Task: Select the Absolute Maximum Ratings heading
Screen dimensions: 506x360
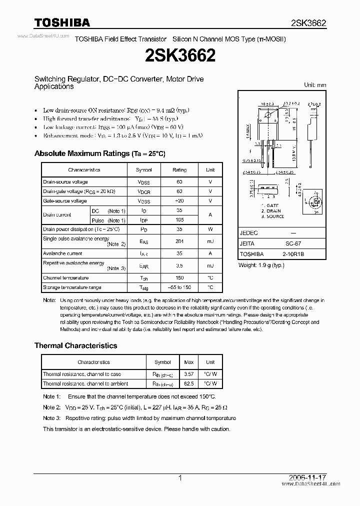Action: [99, 153]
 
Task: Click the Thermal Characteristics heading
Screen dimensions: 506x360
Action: [75, 345]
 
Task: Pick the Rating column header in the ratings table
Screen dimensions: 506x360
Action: [179, 170]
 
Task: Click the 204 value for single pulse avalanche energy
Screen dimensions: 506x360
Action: [179, 241]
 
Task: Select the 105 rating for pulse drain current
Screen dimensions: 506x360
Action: [179, 220]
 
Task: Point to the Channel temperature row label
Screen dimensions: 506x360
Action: [65, 278]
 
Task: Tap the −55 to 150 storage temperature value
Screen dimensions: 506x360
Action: [179, 287]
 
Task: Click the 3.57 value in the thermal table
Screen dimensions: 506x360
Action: [189, 374]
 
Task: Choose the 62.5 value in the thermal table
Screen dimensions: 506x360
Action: [189, 383]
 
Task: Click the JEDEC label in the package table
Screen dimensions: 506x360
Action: [249, 233]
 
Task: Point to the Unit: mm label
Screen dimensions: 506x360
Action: [315, 85]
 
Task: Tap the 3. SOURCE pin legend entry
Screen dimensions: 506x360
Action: [272, 216]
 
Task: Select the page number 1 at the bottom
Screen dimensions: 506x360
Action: [180, 478]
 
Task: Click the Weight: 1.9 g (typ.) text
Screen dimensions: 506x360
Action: [261, 265]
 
